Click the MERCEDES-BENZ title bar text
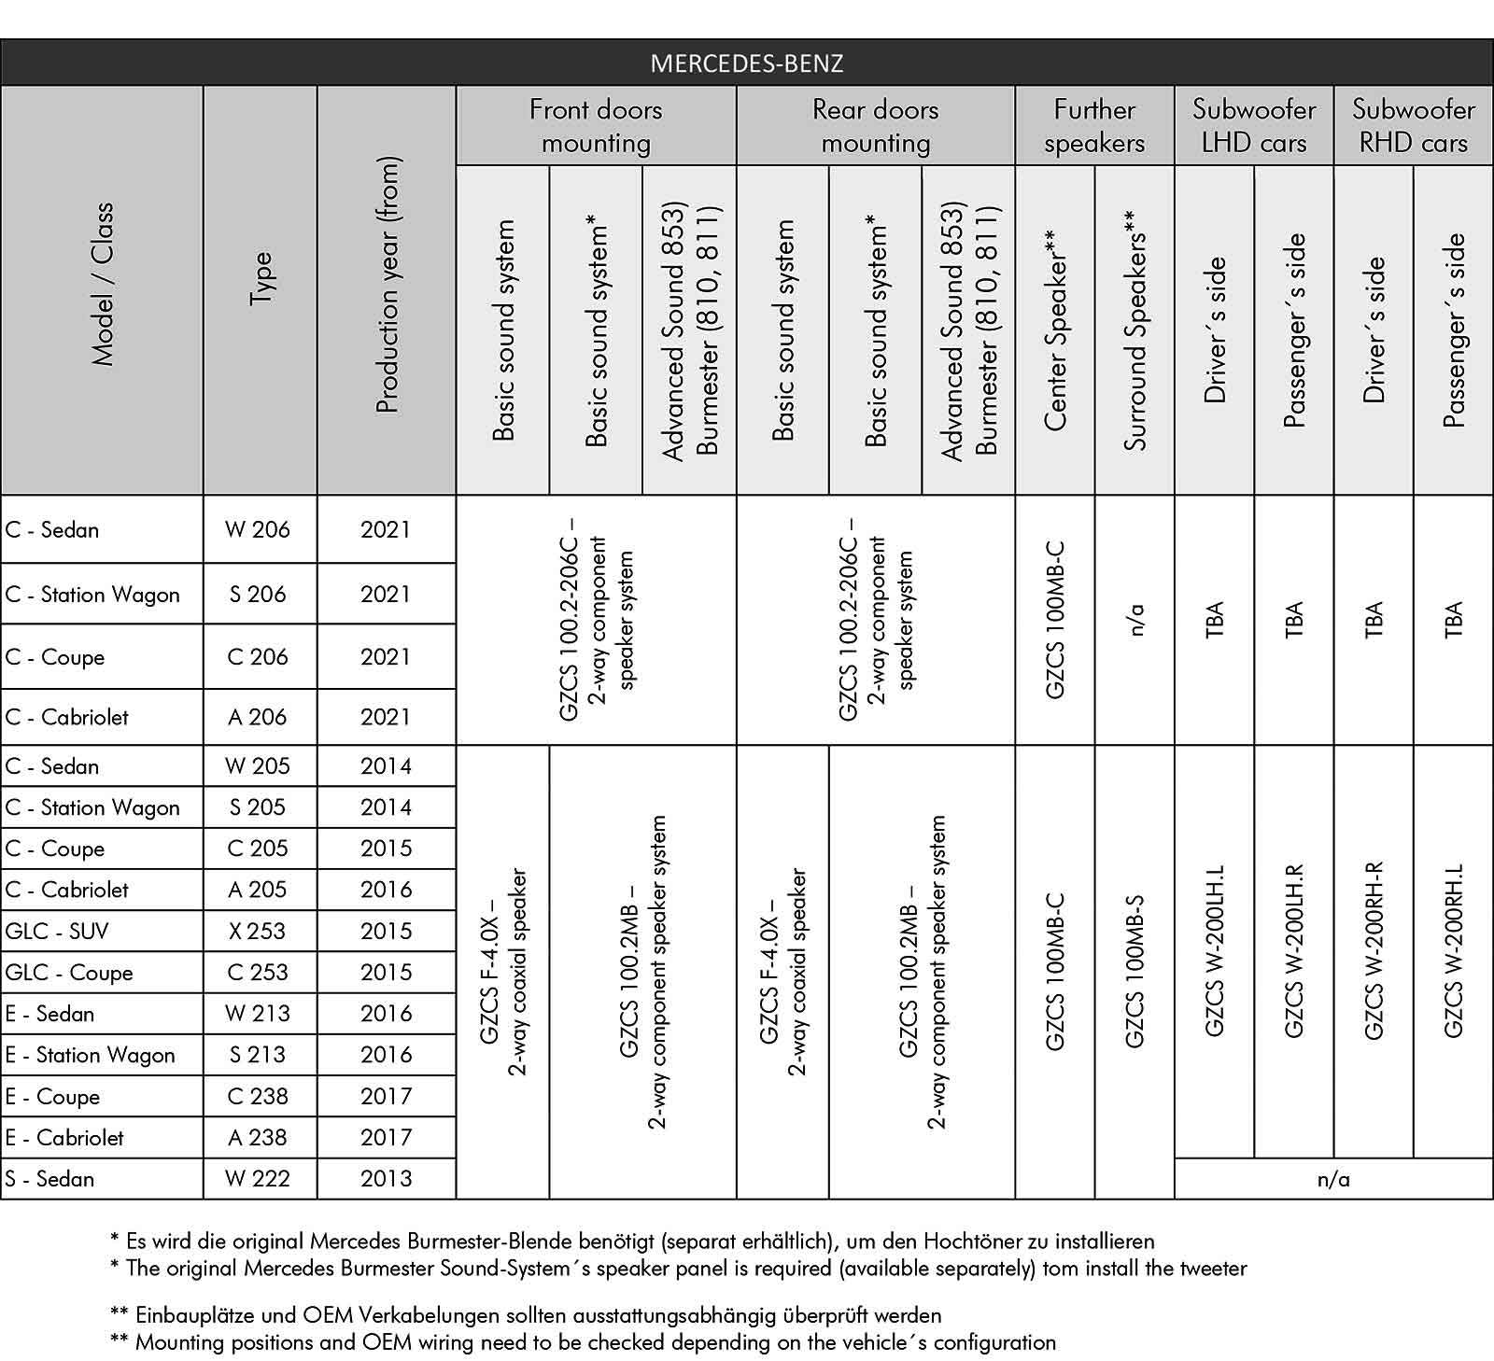[x=746, y=63]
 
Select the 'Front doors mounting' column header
[x=596, y=126]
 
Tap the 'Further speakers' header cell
[x=1094, y=126]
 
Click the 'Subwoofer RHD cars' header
[x=1413, y=126]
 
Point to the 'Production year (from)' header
[x=387, y=285]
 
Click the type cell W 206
[x=258, y=529]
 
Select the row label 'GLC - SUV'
[x=57, y=931]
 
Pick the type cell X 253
[x=258, y=931]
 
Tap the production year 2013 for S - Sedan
[x=386, y=1178]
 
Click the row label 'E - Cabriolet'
[x=64, y=1137]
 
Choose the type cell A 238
[x=258, y=1137]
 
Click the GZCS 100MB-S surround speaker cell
[x=1135, y=971]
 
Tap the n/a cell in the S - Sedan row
[x=1333, y=1179]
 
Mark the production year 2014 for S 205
[x=386, y=807]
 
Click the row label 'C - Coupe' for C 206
[x=55, y=656]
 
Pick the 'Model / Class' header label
[x=102, y=285]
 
